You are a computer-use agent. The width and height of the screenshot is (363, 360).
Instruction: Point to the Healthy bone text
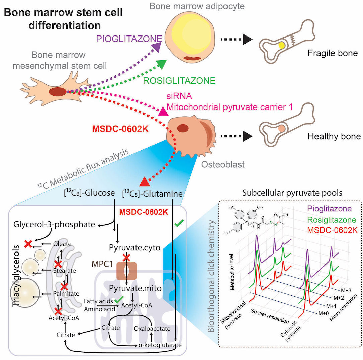[334, 137]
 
